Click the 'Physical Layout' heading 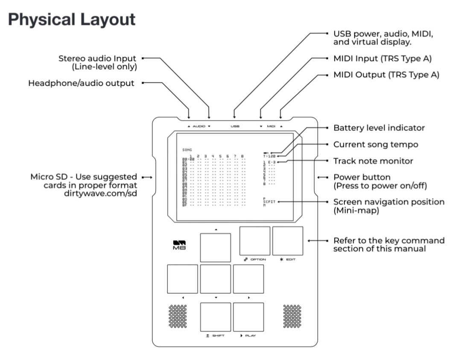(x=72, y=20)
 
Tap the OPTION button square (x=254, y=241)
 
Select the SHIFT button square (x=215, y=317)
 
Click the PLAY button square (x=248, y=317)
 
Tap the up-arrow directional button (x=215, y=248)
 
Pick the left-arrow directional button (x=182, y=279)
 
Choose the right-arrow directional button (x=248, y=279)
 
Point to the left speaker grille (x=178, y=316)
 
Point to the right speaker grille (x=292, y=316)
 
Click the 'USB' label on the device (x=235, y=127)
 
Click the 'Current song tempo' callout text (x=376, y=145)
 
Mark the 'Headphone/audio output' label (x=81, y=84)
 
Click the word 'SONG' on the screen (x=187, y=150)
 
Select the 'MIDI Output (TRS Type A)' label (x=386, y=74)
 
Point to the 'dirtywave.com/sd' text (x=105, y=193)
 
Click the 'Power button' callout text (x=362, y=177)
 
